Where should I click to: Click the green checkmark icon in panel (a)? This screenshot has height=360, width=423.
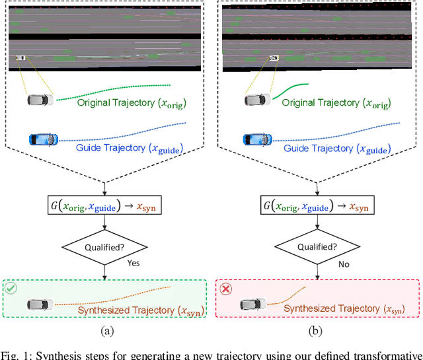[11, 289]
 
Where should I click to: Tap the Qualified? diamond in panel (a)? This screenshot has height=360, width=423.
[106, 248]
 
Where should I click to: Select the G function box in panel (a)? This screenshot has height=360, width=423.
[106, 206]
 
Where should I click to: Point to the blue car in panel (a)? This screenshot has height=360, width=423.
[43, 139]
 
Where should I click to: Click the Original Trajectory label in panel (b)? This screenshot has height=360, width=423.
[336, 104]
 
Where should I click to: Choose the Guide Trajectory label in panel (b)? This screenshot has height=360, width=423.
[336, 149]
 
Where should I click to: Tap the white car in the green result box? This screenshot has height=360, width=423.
[40, 305]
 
